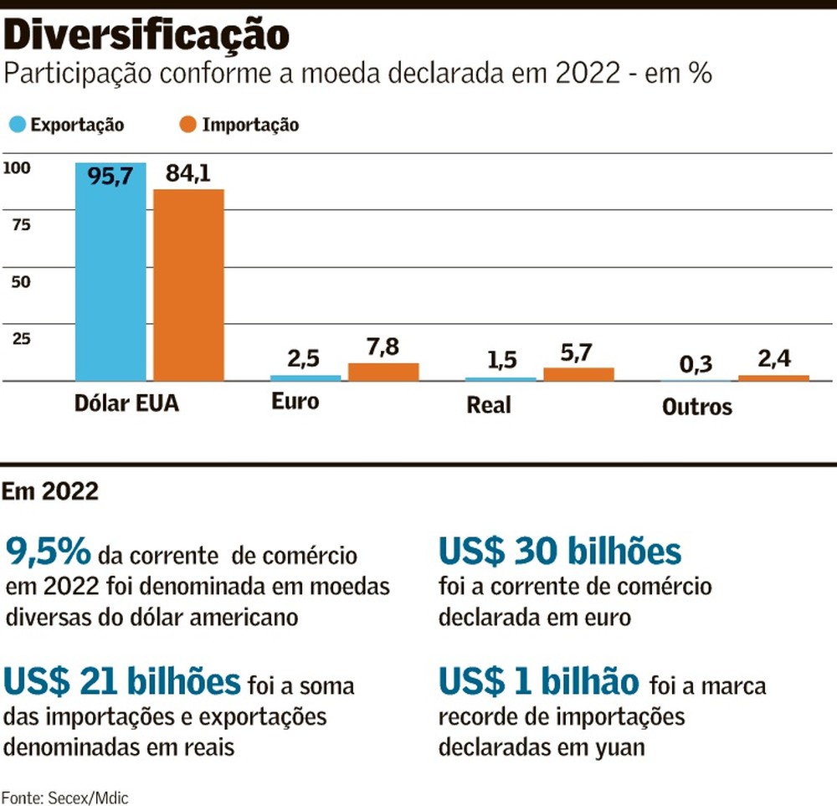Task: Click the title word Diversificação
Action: [x=147, y=35]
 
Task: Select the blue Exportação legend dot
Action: [x=16, y=125]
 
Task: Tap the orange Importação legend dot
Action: [x=188, y=125]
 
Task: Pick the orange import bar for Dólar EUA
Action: [x=188, y=285]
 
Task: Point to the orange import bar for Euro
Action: [x=383, y=372]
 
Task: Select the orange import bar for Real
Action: [x=578, y=374]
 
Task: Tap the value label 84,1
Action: [x=188, y=173]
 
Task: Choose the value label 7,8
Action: [x=383, y=347]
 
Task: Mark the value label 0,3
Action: [x=696, y=364]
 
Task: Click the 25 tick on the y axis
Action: [x=20, y=339]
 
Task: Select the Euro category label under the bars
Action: [x=295, y=401]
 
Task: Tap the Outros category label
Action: [x=696, y=407]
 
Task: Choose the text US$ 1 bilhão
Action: [x=538, y=682]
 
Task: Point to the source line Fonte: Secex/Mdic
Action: [x=65, y=796]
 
